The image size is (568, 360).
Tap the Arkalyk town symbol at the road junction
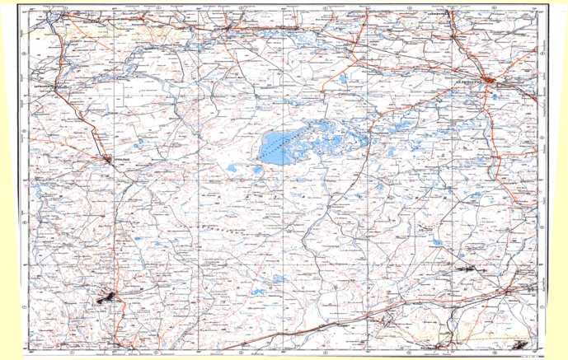coord(110,158)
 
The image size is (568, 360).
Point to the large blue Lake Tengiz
coord(276,148)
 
